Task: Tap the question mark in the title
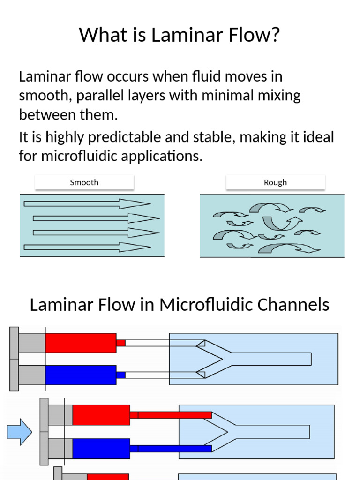click(275, 35)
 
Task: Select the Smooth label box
click(84, 182)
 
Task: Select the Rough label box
click(275, 182)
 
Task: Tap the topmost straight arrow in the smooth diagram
click(87, 203)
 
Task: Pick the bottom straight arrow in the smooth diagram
click(87, 247)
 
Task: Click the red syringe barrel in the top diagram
click(81, 343)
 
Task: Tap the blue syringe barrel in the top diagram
click(81, 375)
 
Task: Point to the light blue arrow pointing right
click(19, 431)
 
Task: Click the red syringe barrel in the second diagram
click(101, 415)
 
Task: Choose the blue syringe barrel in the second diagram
click(101, 449)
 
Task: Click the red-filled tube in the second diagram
click(174, 415)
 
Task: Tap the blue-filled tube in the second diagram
click(174, 449)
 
